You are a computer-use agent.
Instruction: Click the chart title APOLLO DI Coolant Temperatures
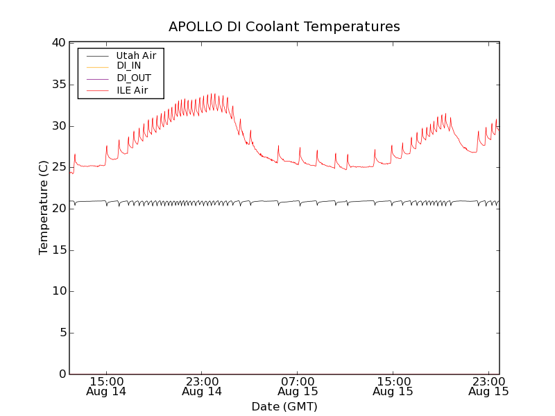coord(284,26)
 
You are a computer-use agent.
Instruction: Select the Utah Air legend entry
coord(136,55)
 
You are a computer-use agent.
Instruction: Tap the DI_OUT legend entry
coord(133,78)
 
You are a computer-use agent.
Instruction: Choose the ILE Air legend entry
coord(132,90)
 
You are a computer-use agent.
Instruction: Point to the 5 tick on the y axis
coord(60,333)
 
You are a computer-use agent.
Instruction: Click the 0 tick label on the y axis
coord(60,374)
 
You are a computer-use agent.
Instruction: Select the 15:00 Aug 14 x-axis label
coord(106,386)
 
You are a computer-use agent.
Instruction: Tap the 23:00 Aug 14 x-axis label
coord(202,386)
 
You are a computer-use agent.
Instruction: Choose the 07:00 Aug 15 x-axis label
coord(298,386)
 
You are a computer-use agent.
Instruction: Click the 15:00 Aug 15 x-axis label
coord(393,386)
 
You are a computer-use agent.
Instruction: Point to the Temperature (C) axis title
coord(44,208)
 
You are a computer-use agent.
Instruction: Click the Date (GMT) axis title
coord(284,406)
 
